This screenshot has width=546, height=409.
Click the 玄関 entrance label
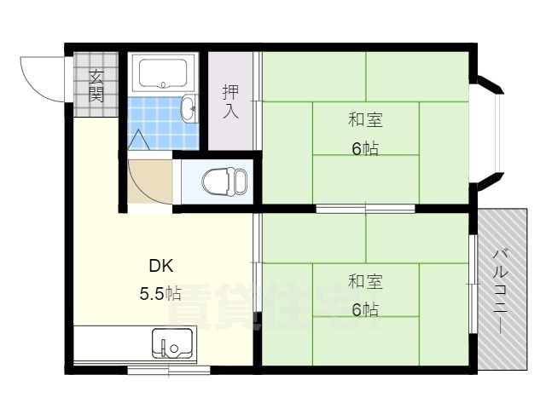96,85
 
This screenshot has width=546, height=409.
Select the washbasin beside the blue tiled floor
189,108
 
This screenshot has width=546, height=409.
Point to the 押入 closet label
230,101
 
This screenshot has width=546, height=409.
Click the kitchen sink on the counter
171,345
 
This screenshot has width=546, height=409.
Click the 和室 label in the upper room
364,120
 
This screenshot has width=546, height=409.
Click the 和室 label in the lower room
364,281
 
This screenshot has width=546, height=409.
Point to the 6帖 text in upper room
365,148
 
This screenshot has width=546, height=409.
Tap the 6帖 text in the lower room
365,309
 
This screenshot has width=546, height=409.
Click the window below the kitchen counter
168,370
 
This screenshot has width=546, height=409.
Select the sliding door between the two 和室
365,208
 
